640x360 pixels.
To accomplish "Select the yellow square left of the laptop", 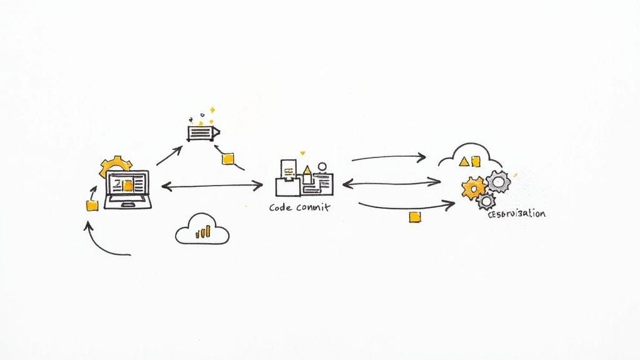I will [x=92, y=206].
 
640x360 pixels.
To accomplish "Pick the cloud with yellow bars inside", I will [x=202, y=229].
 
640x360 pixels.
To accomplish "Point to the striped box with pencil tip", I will [x=204, y=132].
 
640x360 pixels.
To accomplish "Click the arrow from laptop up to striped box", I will [x=169, y=156].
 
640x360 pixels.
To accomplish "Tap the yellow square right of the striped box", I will [x=228, y=159].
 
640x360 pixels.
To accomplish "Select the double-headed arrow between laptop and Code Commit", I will [x=212, y=185].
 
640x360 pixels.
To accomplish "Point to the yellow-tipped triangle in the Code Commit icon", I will [x=307, y=171].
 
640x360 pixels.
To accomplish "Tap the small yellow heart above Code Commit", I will [x=303, y=152].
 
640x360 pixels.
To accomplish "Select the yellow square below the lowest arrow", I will [x=413, y=216].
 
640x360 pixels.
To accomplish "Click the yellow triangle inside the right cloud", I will [x=464, y=161].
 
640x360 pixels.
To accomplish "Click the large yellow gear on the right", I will [x=474, y=187].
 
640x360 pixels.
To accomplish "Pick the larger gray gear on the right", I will [x=498, y=181].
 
